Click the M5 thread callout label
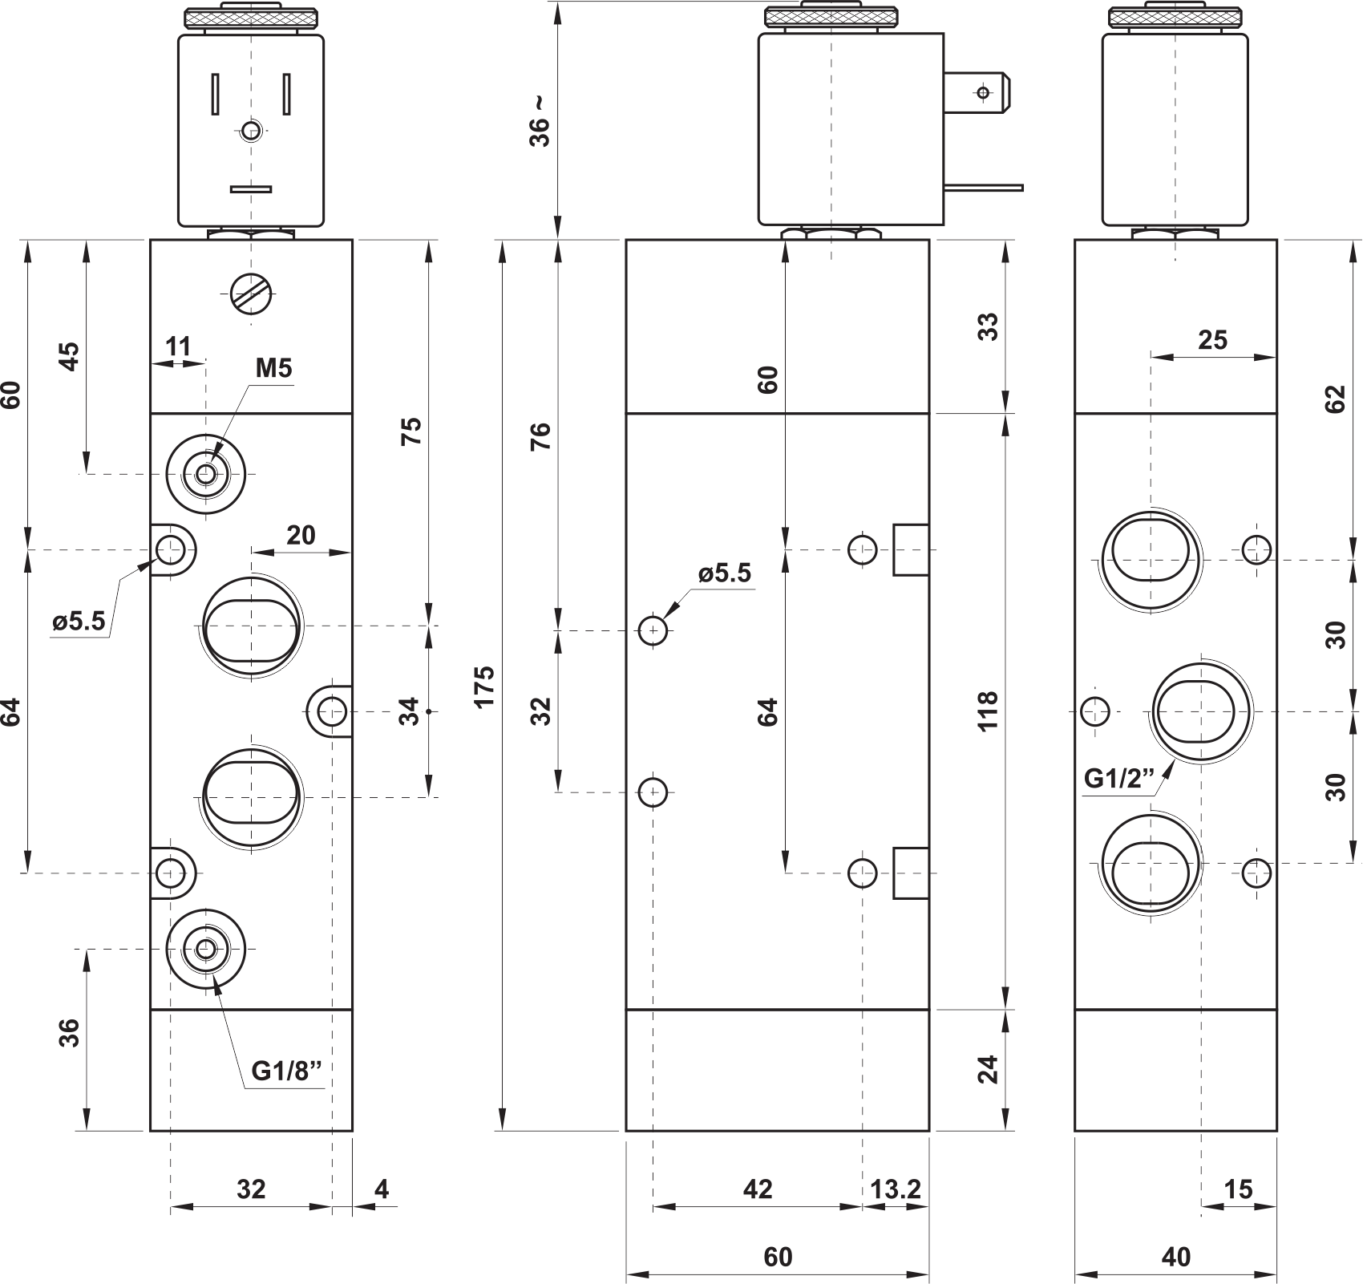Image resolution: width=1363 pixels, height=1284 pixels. (273, 368)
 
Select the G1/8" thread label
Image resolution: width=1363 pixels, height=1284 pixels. (285, 1071)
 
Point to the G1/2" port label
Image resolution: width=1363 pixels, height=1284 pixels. (1119, 778)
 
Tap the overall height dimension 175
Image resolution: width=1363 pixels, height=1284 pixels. (483, 686)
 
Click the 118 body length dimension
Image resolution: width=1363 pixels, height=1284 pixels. (989, 710)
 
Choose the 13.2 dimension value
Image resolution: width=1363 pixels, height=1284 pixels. (896, 1189)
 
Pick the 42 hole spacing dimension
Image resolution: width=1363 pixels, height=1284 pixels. (758, 1189)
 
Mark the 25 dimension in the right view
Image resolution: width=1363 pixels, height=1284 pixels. (1212, 340)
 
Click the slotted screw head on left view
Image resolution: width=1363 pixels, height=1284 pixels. (251, 294)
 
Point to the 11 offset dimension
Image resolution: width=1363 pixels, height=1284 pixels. (178, 346)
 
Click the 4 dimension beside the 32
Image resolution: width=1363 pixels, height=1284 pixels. (382, 1189)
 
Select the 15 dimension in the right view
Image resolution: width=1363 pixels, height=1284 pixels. (1238, 1189)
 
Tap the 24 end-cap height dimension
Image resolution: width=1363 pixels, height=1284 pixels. (989, 1069)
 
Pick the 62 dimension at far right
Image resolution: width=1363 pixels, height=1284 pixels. (1334, 399)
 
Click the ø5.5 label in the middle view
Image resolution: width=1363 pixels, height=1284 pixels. (725, 573)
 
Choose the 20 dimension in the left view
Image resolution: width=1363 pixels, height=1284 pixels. (301, 535)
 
